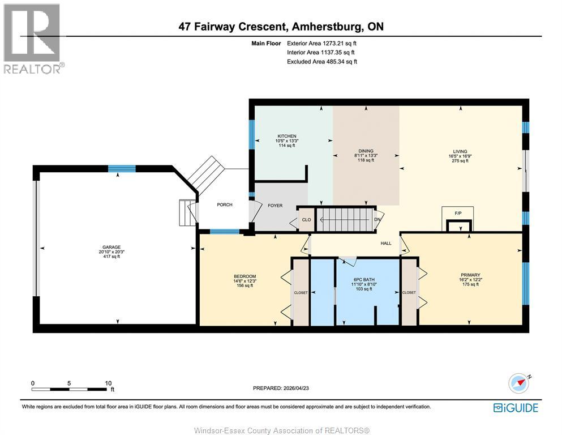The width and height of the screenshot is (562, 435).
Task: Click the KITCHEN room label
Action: (287, 136)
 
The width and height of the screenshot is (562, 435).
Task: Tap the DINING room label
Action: (366, 151)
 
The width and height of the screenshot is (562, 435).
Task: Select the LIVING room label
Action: (460, 151)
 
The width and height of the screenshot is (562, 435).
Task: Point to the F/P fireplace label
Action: (458, 213)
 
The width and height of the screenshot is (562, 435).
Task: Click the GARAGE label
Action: (111, 247)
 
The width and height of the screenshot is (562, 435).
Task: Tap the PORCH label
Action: (225, 205)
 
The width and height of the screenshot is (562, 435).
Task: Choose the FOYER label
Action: (275, 206)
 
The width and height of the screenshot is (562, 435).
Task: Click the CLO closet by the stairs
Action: (306, 220)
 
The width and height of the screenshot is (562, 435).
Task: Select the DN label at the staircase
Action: (377, 219)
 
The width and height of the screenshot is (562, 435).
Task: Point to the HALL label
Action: (386, 243)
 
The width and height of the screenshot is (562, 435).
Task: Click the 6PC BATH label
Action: (364, 279)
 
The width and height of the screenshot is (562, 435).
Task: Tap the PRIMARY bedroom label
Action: (470, 275)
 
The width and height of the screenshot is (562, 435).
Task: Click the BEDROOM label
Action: (245, 276)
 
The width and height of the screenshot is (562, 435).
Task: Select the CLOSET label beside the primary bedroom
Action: (409, 293)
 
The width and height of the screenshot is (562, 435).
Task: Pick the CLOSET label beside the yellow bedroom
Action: (301, 293)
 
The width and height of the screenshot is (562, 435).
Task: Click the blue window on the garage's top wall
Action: (122, 169)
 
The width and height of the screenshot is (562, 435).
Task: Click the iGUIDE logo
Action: (516, 408)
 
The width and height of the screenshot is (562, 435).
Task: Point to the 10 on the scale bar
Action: (108, 383)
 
